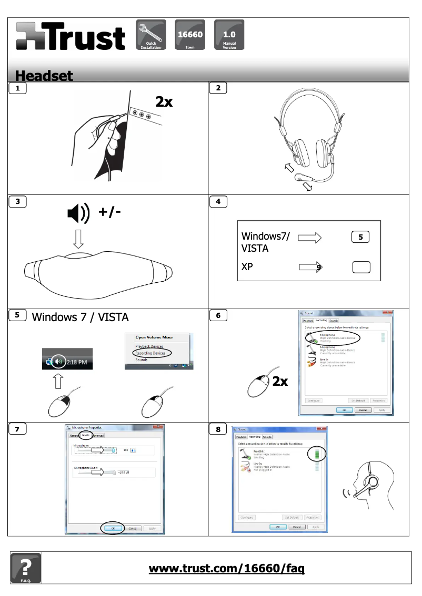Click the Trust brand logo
click(x=71, y=36)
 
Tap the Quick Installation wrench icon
click(x=151, y=35)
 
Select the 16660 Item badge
click(x=189, y=35)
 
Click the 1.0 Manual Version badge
click(x=229, y=35)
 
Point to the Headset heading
click(x=44, y=76)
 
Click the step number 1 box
click(x=18, y=88)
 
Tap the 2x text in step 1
click(x=164, y=101)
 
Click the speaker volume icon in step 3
click(x=78, y=213)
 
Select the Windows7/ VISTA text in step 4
click(x=265, y=242)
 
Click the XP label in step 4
click(x=247, y=266)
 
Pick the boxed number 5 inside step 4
click(x=360, y=237)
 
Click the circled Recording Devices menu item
click(x=150, y=353)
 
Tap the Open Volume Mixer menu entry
click(x=154, y=337)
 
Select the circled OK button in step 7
click(x=113, y=528)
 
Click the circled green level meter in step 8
click(x=317, y=454)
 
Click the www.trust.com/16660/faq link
click(x=227, y=568)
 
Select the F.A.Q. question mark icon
click(x=25, y=568)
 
